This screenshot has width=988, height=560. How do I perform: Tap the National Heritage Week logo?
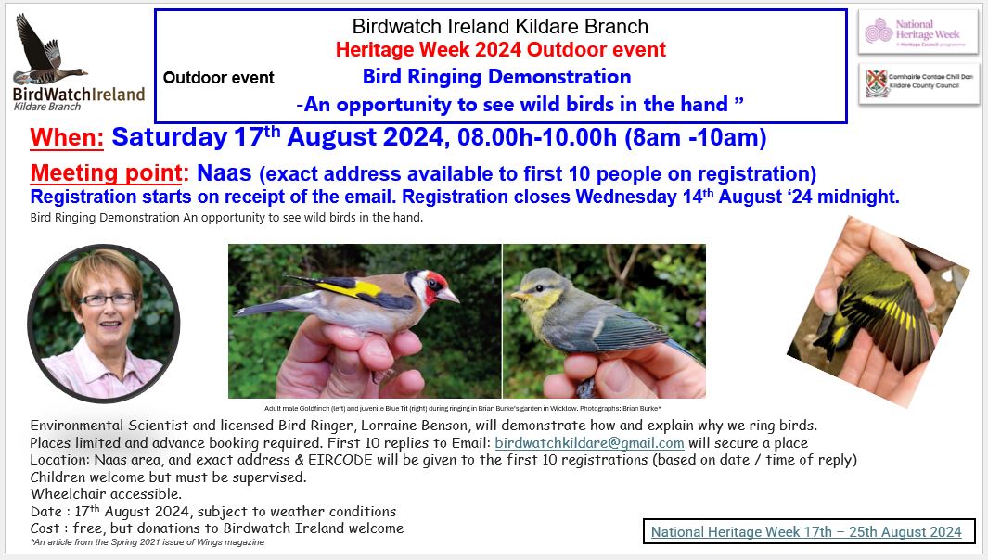point(918,32)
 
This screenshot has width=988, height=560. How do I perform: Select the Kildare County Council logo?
point(918,83)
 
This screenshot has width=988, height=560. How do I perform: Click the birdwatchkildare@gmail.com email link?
point(589,443)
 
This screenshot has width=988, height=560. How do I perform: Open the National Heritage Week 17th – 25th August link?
point(806,531)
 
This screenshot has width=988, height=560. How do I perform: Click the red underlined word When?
point(67,137)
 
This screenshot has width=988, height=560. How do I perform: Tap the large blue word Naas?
point(225,172)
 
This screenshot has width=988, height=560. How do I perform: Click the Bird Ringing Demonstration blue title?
point(496,76)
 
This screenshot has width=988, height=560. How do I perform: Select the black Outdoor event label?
point(219,78)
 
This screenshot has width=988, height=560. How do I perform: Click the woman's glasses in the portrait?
point(107,299)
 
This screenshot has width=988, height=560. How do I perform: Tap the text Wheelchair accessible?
point(106,494)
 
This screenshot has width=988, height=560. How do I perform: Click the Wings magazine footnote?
point(148,542)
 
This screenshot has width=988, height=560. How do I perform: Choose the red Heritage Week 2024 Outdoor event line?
point(500,49)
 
